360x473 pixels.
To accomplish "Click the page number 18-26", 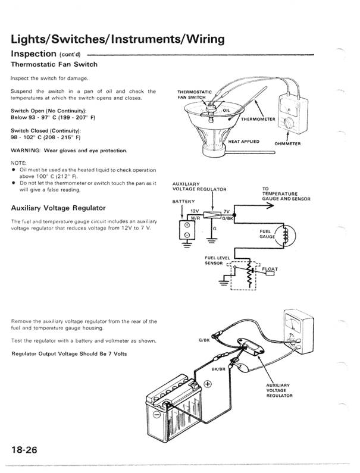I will tap(24, 449).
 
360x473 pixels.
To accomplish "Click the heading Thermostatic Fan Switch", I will tap(54, 64).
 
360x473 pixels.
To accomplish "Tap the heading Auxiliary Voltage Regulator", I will tap(58, 208).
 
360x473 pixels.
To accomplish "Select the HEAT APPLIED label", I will tap(244, 142).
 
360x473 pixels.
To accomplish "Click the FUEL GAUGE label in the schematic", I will tap(265, 234).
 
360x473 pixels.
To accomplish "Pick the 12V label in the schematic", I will tap(193, 211).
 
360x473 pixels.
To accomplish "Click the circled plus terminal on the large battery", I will tap(208, 384).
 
